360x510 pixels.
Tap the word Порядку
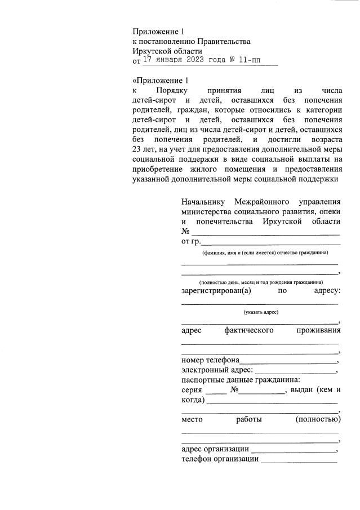[x=171, y=90]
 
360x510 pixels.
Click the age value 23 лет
[x=144, y=149]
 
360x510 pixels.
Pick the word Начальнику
[x=203, y=202]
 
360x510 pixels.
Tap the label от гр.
[x=191, y=242]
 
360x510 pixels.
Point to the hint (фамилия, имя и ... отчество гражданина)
[x=261, y=253]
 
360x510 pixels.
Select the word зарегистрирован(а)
[x=216, y=291]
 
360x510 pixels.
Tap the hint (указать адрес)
[x=261, y=312]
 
